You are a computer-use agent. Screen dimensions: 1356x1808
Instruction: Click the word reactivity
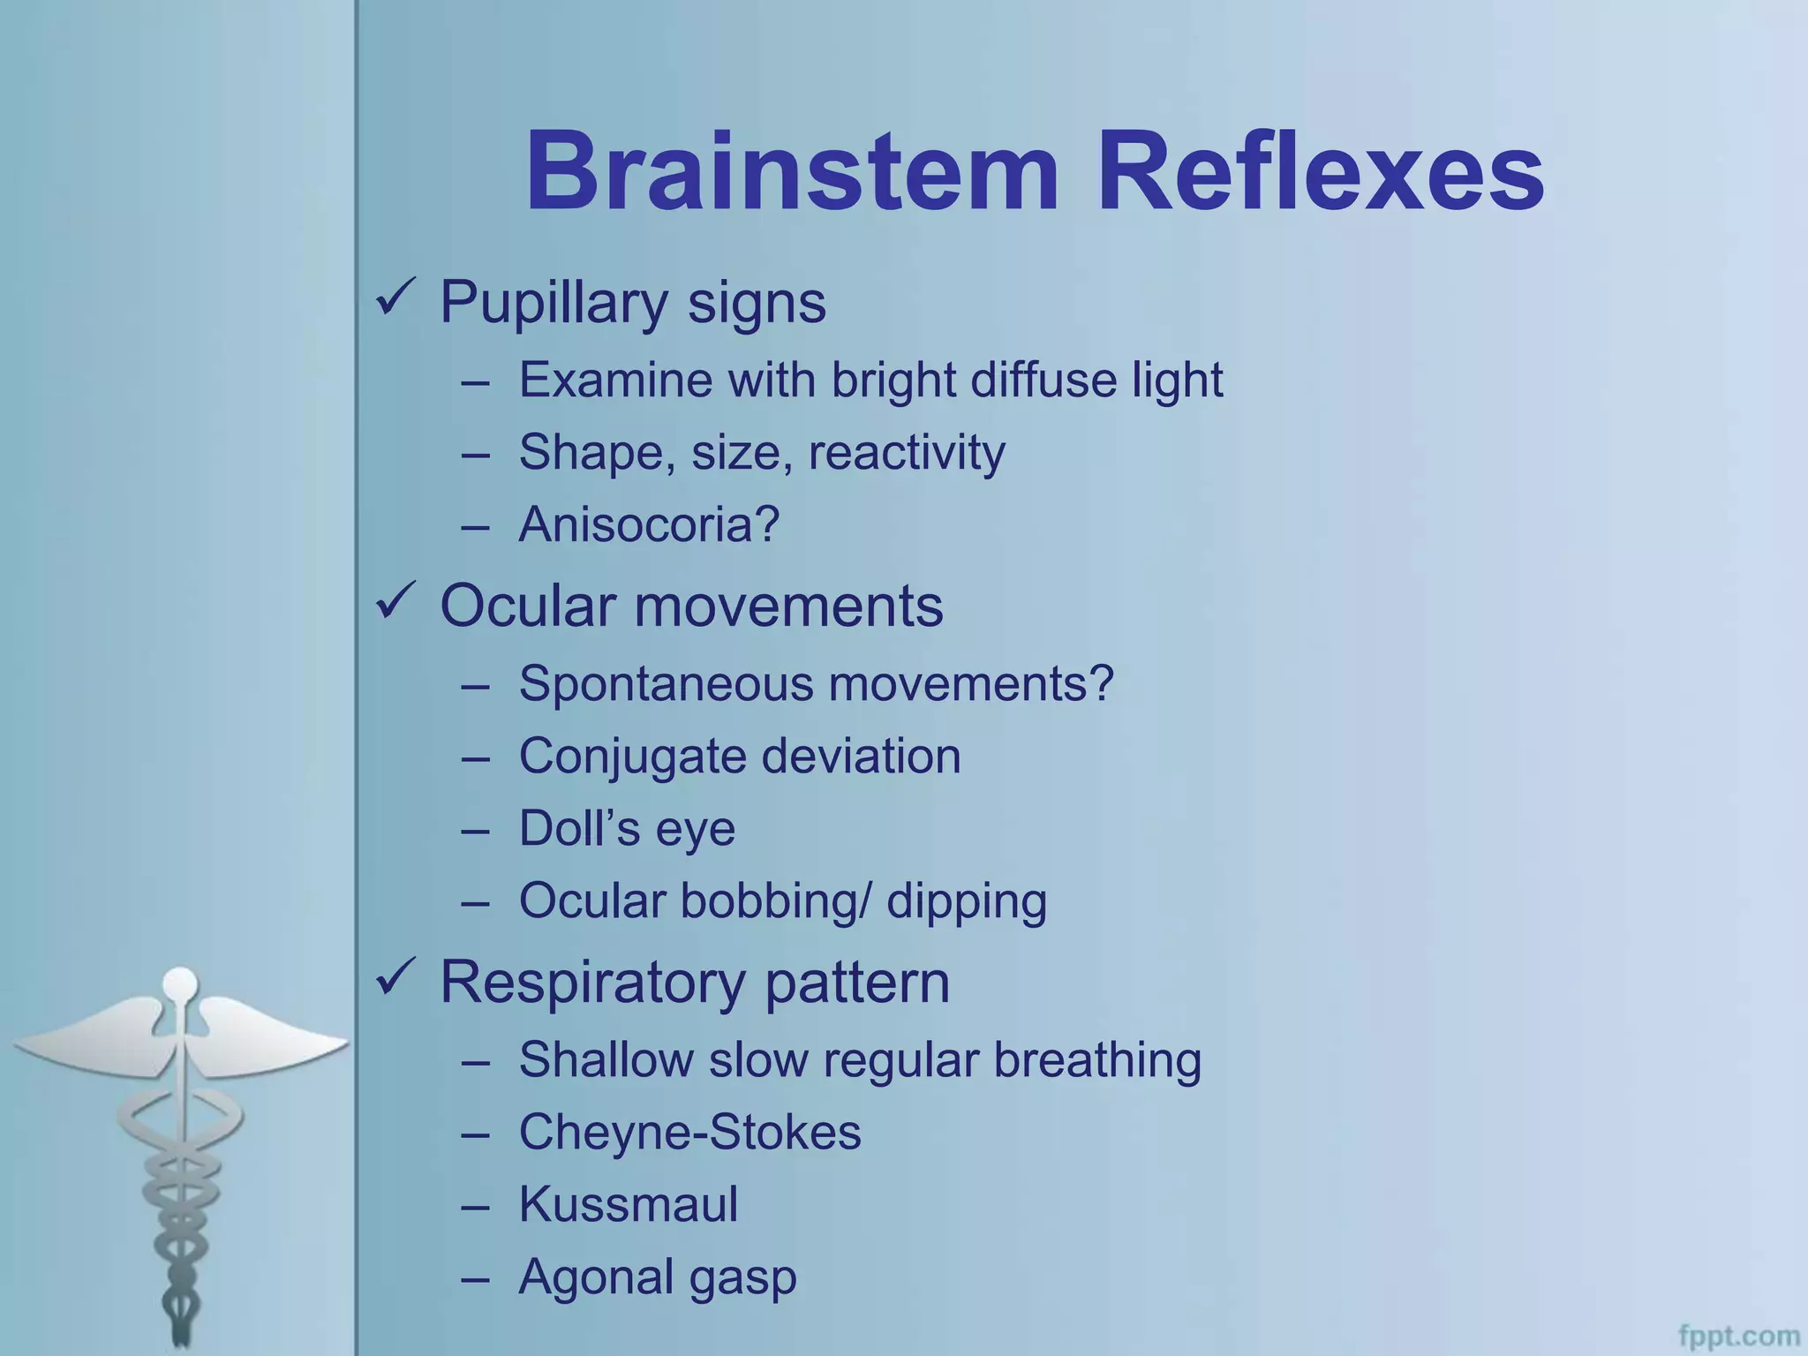coord(907,453)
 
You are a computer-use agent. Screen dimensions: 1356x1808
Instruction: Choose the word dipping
coord(967,901)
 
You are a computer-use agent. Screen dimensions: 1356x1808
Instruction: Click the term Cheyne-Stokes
coord(689,1132)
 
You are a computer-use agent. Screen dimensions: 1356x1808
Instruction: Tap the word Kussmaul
coord(628,1204)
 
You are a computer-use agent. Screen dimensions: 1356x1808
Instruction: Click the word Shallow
coord(606,1059)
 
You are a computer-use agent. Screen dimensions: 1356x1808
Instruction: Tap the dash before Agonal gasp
coord(475,1278)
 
